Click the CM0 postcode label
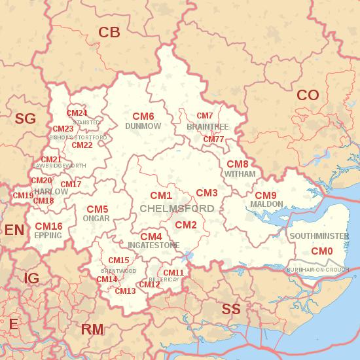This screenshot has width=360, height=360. pos(321,251)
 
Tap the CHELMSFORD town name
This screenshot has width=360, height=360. pos(177,208)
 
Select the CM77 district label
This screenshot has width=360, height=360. pos(213,139)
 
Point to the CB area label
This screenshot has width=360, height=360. pos(109,32)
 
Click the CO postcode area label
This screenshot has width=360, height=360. pos(308,96)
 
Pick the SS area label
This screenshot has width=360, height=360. pos(231,309)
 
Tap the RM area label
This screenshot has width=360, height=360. pos(92,329)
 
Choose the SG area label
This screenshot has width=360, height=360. pos(25,118)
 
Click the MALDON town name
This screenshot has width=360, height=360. pos(266,204)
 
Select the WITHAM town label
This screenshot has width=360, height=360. pos(240,175)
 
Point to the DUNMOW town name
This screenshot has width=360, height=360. pos(143,126)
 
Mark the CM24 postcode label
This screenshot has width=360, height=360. pos(77,113)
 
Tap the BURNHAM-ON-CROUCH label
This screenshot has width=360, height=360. pos(318,269)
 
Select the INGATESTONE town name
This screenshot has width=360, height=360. pos(153,245)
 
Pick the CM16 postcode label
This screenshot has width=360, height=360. pos(48,226)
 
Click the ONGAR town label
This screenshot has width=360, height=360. pos(97,218)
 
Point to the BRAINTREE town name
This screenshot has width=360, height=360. pos(207,126)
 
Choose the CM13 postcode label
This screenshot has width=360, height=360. pos(125,291)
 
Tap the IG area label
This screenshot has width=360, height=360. pos(31,279)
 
